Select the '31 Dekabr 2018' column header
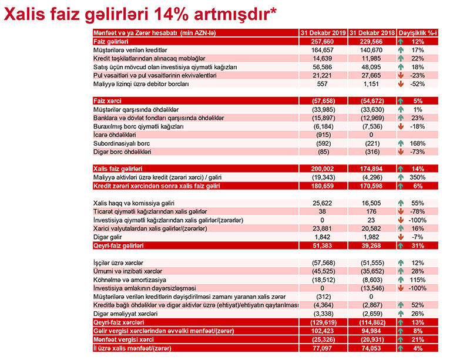coord(372,33)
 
